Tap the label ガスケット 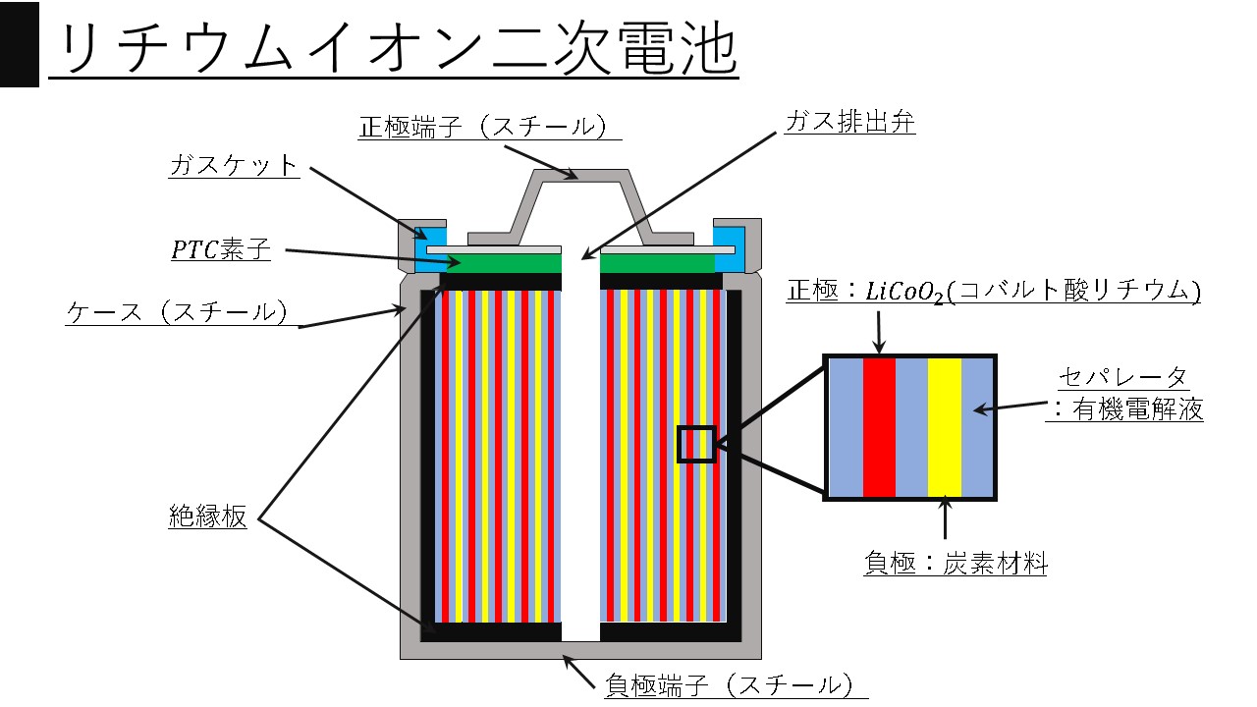click(x=233, y=165)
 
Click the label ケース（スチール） click(x=178, y=312)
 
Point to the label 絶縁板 click(x=207, y=517)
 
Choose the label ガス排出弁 click(x=849, y=123)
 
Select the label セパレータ click(x=1123, y=377)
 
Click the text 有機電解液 click(x=1137, y=410)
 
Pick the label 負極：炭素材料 click(x=955, y=564)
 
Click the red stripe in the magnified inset click(x=879, y=427)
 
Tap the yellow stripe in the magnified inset click(x=944, y=427)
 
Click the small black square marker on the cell click(x=696, y=444)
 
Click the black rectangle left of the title click(x=19, y=43)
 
